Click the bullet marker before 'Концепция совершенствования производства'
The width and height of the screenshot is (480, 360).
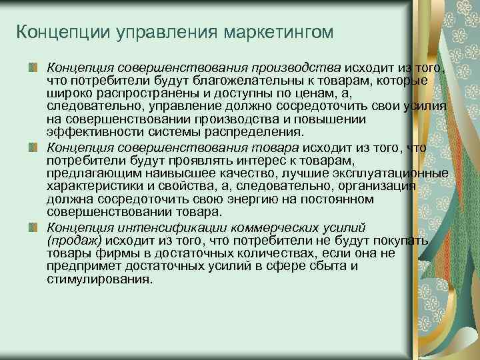point(33,67)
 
